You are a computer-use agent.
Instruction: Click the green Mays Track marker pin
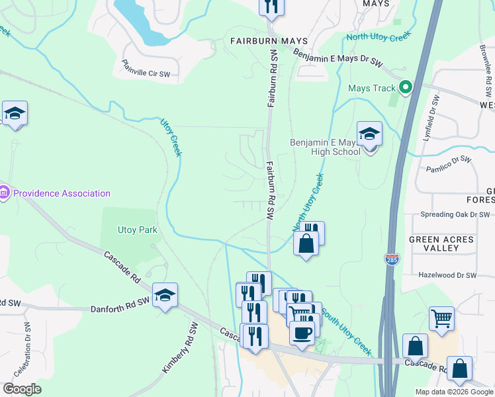click(x=406, y=87)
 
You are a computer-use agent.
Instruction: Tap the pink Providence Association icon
click(x=5, y=193)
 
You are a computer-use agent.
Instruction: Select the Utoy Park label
click(x=137, y=230)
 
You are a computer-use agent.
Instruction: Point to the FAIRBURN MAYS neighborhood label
click(x=269, y=41)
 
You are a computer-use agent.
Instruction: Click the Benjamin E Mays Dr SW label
click(x=337, y=59)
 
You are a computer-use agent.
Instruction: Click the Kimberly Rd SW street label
click(x=180, y=347)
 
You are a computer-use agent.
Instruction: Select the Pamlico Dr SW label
click(x=449, y=164)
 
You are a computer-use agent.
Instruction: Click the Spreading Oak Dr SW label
click(x=455, y=215)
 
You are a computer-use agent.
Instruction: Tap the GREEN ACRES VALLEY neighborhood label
click(x=441, y=243)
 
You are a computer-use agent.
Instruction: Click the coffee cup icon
click(x=302, y=333)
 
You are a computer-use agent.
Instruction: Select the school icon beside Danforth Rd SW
click(x=165, y=295)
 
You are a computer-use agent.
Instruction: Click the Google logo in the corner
click(x=22, y=388)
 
